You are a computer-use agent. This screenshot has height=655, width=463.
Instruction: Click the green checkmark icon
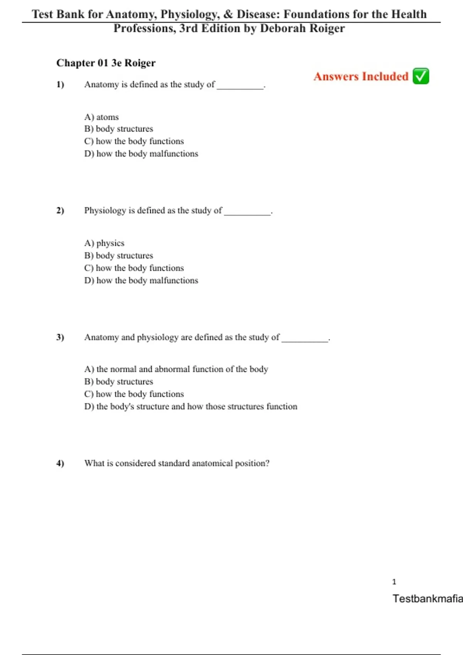421,76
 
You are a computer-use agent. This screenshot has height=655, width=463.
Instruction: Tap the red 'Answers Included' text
361,76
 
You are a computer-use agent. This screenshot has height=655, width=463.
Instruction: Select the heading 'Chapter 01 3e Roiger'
106,63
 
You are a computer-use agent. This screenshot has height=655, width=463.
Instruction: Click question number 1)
60,84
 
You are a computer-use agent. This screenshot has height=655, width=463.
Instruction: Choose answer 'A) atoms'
101,117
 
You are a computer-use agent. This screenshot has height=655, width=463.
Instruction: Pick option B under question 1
118,129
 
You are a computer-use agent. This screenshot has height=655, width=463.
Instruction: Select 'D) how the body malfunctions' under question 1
141,154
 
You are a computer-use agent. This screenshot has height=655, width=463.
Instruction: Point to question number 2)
60,210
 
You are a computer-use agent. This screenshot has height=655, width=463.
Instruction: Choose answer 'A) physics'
104,243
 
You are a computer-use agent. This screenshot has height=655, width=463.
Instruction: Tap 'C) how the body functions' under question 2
134,268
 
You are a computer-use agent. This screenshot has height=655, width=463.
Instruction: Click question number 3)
60,337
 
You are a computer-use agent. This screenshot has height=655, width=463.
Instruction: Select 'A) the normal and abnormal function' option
176,369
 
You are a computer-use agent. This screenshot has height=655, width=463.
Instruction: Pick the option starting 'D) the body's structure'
191,406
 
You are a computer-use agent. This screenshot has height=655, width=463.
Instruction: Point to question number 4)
60,463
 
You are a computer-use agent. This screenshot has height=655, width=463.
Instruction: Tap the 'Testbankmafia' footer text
428,598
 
